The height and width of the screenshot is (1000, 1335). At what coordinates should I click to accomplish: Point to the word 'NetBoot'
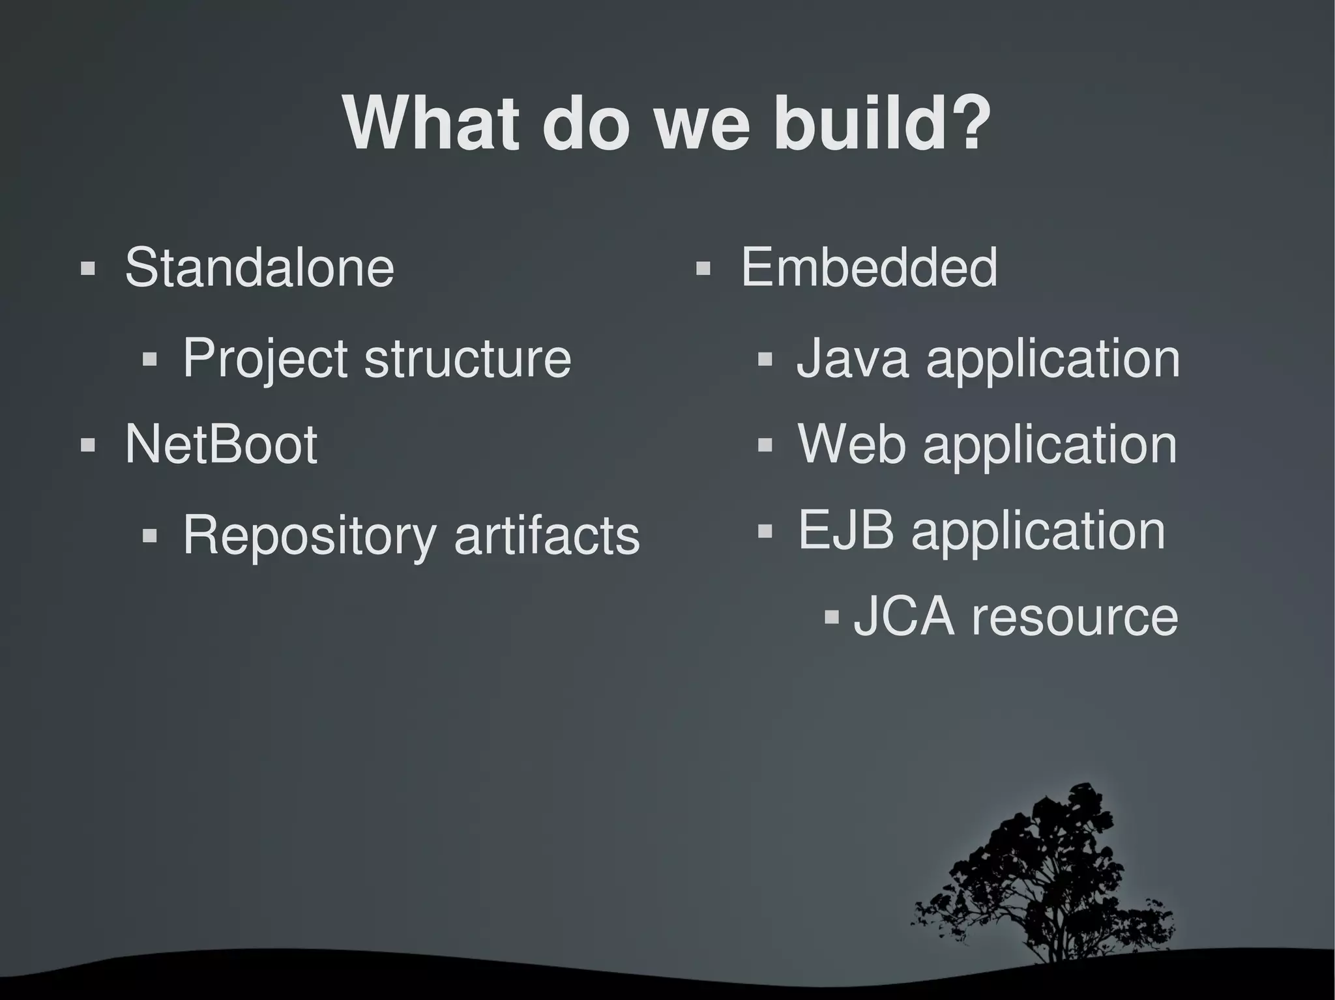221,444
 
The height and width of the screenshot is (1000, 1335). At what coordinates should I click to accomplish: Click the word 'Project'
265,358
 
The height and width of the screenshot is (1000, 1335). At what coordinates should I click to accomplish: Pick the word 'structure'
467,358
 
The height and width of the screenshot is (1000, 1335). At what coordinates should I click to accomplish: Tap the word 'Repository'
309,536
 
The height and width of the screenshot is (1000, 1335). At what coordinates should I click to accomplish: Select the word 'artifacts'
546,536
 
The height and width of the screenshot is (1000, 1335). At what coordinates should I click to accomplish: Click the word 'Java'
852,358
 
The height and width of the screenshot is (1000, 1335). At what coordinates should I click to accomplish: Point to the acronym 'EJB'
846,530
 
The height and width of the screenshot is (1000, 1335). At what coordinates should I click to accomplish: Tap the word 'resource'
1075,618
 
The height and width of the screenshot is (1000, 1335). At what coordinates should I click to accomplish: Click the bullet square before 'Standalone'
87,268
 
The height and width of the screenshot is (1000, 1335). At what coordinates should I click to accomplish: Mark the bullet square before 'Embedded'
703,268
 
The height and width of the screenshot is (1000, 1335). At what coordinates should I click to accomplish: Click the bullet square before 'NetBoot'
87,446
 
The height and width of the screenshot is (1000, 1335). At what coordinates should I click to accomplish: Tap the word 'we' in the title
702,125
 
